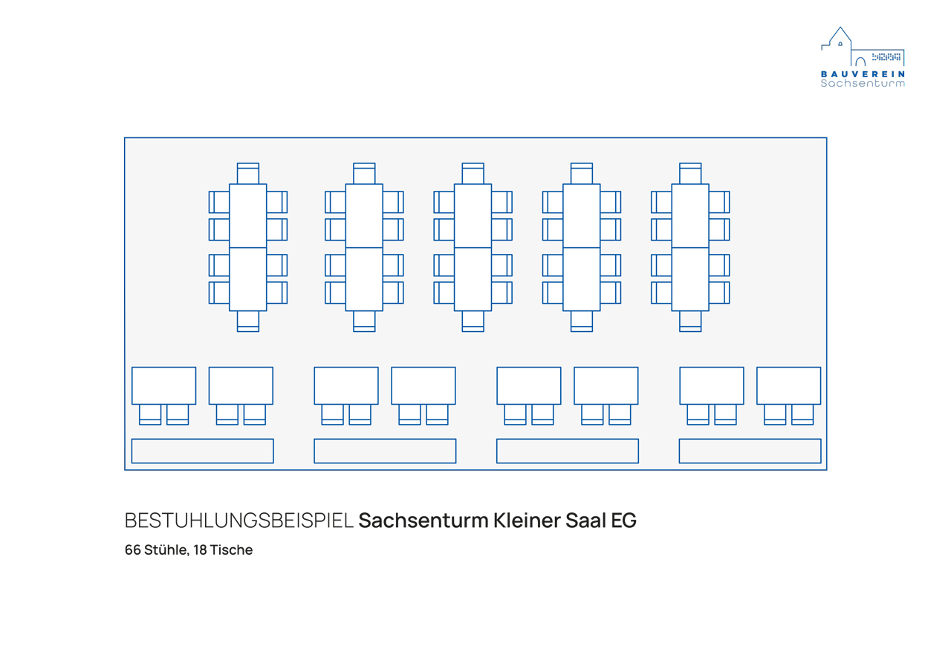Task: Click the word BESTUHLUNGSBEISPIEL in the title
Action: pos(239,521)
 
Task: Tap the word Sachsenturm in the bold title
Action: pos(423,521)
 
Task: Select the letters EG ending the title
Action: pos(623,521)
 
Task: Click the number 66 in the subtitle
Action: pos(133,550)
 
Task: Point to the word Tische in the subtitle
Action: pos(232,550)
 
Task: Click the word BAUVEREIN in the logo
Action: pos(863,74)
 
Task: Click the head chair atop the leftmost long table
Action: pos(248,174)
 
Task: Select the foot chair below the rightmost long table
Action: pos(690,321)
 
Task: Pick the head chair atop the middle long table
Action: pos(473,174)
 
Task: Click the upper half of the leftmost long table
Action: pos(248,215)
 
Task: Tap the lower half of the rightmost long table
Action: pos(690,278)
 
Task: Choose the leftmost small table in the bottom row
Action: pos(163,385)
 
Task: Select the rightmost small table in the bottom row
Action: pos(788,385)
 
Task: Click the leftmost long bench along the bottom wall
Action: pos(202,451)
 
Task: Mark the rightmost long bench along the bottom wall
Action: pos(750,451)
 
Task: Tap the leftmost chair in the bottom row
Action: pos(150,414)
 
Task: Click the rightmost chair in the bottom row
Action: pos(802,414)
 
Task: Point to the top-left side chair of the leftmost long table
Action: pos(219,202)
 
